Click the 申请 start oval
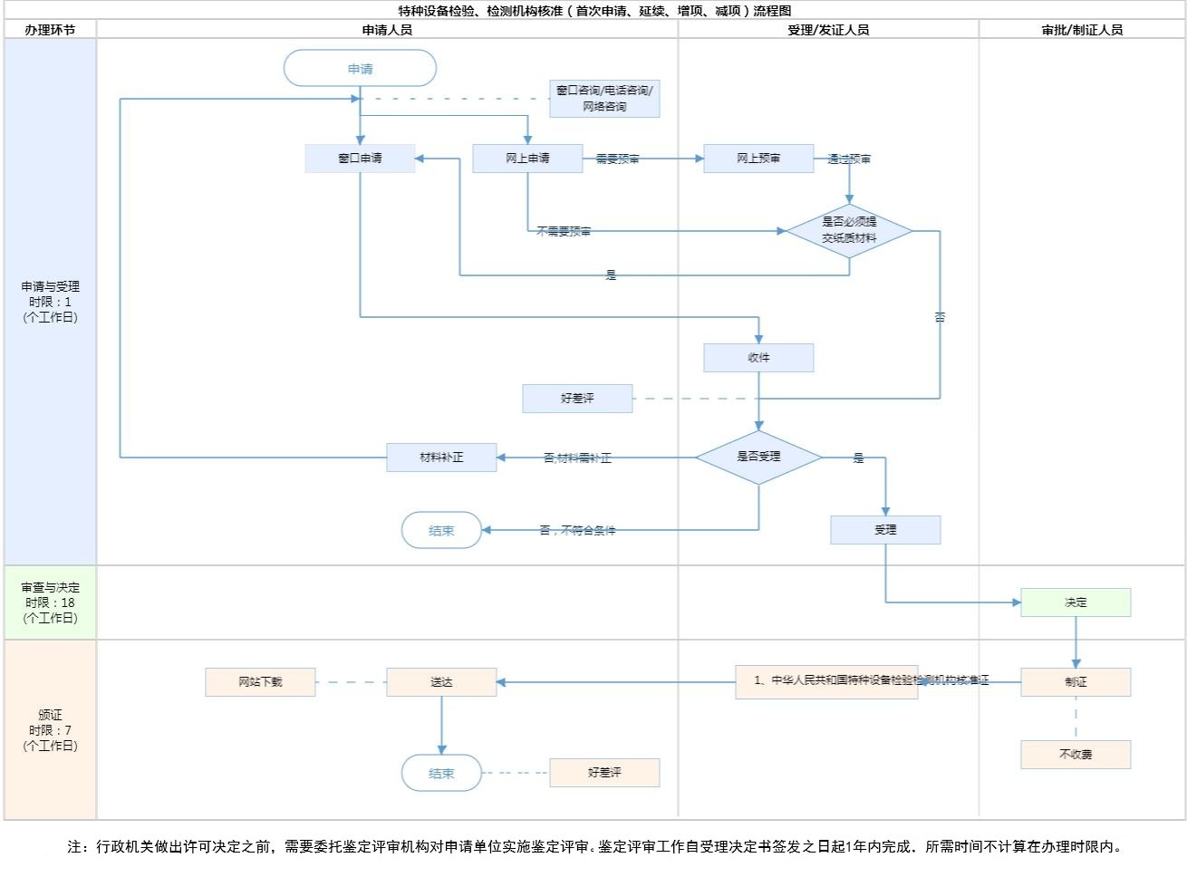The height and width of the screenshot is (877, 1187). pyautogui.click(x=360, y=69)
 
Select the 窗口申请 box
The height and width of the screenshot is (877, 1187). pyautogui.click(x=360, y=159)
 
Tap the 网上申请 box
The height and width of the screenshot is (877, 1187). pyautogui.click(x=527, y=159)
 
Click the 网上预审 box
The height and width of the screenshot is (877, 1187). pyautogui.click(x=758, y=159)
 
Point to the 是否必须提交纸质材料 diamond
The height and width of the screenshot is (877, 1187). pyautogui.click(x=849, y=230)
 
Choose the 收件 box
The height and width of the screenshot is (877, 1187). pyautogui.click(x=758, y=358)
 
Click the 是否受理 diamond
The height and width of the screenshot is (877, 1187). pyautogui.click(x=758, y=457)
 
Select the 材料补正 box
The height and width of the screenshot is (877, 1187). pyautogui.click(x=441, y=458)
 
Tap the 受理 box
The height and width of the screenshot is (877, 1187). pyautogui.click(x=885, y=530)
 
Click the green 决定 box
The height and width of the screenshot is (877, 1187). pyautogui.click(x=1076, y=602)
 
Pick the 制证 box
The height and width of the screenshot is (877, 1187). pyautogui.click(x=1076, y=682)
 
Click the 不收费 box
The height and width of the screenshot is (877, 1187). pyautogui.click(x=1076, y=755)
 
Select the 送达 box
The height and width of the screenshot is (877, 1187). pyautogui.click(x=441, y=682)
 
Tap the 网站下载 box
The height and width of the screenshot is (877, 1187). pyautogui.click(x=260, y=682)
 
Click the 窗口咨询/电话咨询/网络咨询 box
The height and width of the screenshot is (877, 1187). pyautogui.click(x=604, y=99)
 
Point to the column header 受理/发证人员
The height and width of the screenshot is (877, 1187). pyautogui.click(x=828, y=30)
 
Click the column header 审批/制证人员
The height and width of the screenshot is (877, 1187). pyautogui.click(x=1082, y=30)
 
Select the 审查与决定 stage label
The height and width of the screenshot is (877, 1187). pyautogui.click(x=51, y=602)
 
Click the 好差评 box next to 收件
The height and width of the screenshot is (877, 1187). pyautogui.click(x=577, y=399)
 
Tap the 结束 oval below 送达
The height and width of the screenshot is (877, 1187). pyautogui.click(x=441, y=773)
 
